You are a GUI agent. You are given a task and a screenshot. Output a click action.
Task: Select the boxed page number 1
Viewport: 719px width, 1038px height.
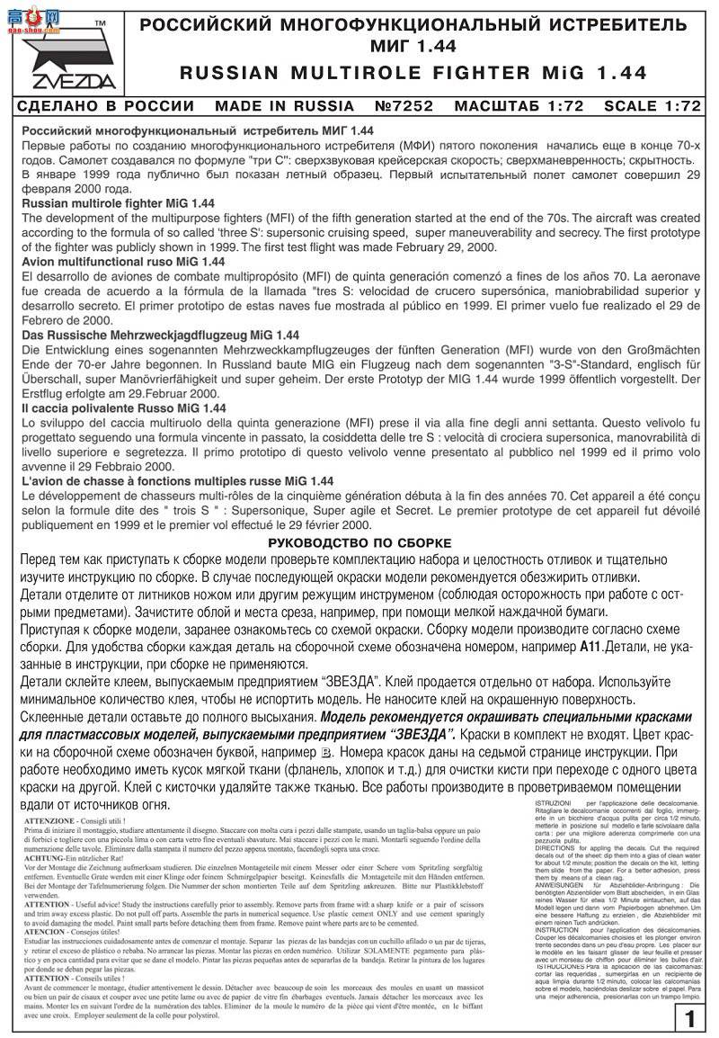coord(688,1019)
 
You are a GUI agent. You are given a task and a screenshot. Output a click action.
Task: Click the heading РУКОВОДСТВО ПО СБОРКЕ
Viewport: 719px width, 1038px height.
coord(359,543)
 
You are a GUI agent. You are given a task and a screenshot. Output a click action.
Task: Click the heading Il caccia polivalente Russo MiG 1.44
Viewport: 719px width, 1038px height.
coord(123,407)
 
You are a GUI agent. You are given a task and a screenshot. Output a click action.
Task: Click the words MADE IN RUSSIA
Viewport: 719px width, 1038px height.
coord(285,105)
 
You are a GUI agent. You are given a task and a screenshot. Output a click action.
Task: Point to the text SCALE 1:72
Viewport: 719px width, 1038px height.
coord(652,105)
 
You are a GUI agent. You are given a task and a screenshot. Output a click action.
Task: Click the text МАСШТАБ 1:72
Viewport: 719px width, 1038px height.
coord(519,105)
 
